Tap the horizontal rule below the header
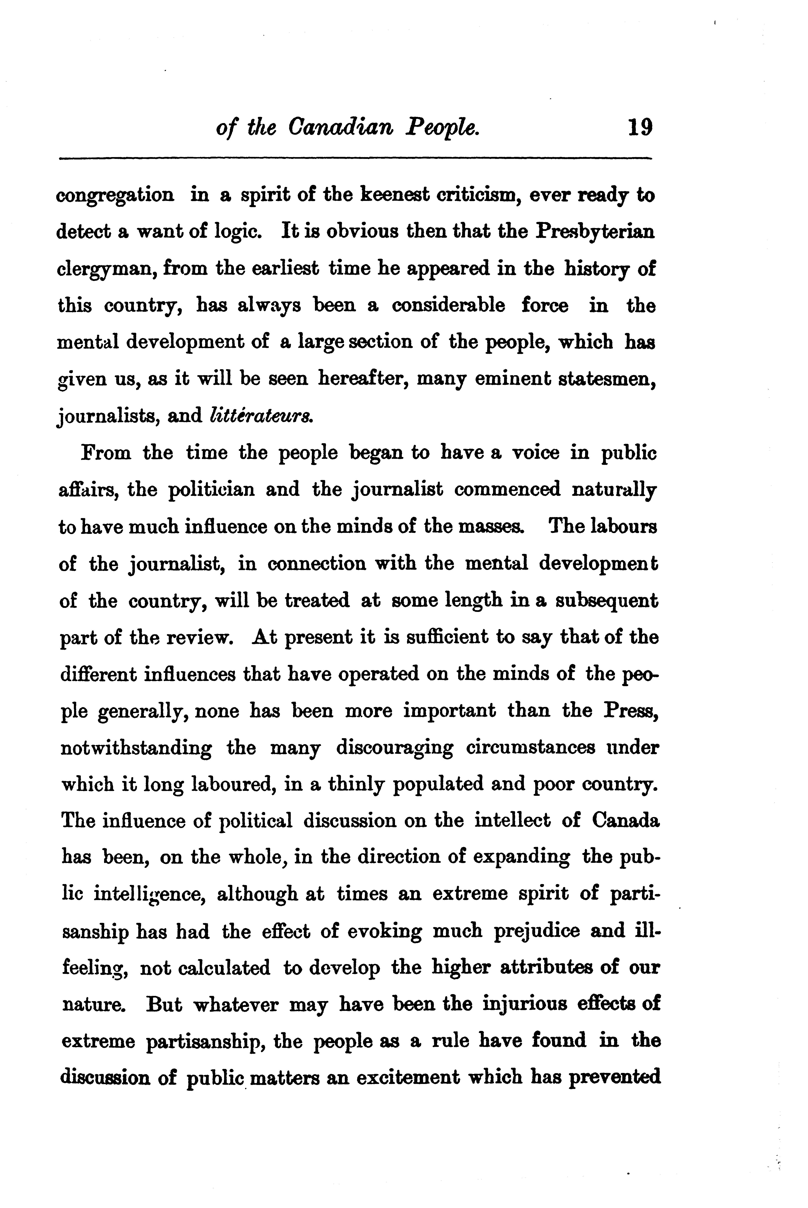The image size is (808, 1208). tap(356, 158)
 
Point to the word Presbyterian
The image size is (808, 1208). tap(595, 233)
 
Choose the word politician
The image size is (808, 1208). tap(211, 489)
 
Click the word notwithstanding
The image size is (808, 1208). tap(135, 748)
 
